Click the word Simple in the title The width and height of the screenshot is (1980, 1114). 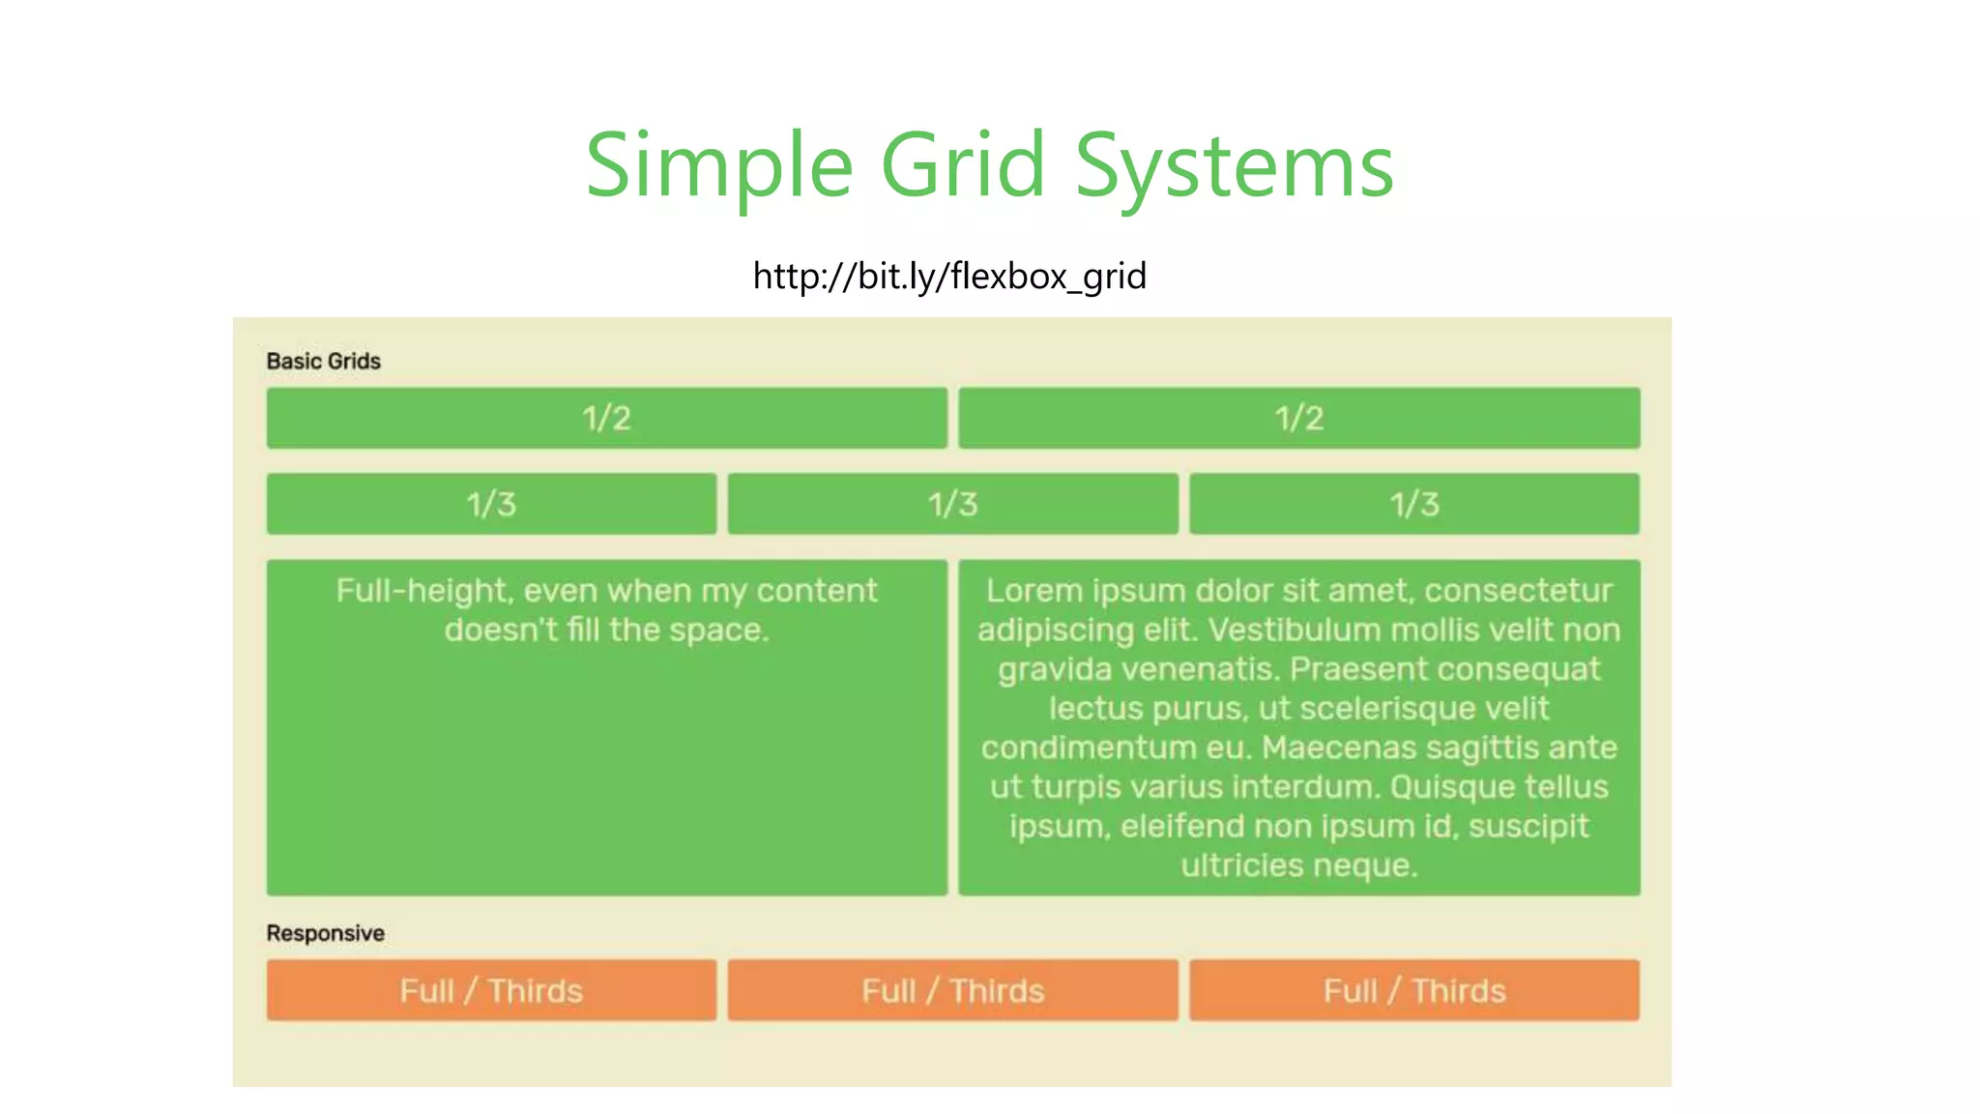point(719,166)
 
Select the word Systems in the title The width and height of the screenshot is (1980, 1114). point(1235,166)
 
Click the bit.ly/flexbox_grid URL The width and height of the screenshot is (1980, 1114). point(949,277)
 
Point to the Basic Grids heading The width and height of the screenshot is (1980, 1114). point(324,361)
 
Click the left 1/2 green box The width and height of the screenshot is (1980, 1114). point(606,418)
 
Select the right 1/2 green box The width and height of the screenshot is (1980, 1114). point(1298,418)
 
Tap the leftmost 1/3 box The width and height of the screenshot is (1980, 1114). point(491,504)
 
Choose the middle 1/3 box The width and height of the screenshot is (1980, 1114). point(952,504)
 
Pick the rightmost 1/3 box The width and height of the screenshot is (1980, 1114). point(1413,504)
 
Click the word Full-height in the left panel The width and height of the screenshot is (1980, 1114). point(422,591)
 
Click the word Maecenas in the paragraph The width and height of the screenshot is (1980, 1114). point(1338,748)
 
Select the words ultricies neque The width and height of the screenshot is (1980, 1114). point(1298,865)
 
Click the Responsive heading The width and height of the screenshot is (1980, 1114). point(326,933)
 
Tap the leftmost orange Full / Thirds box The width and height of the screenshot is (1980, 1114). point(491,990)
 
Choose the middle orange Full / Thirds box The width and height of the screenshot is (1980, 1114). point(952,990)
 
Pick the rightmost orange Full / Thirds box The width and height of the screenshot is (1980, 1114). point(1413,990)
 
